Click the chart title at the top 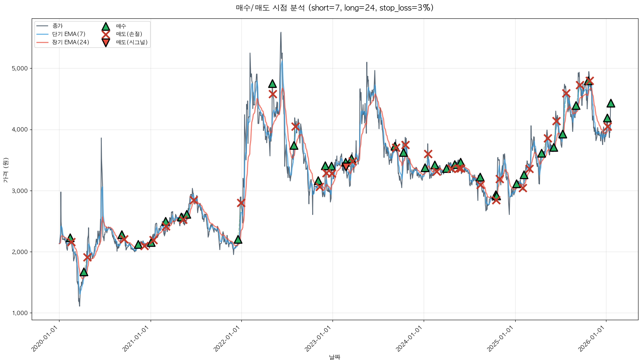pyautogui.click(x=334, y=8)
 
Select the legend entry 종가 pyautogui.click(x=57, y=26)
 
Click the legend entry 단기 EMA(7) pyautogui.click(x=68, y=34)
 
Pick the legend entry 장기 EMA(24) pyautogui.click(x=70, y=42)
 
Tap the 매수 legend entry pyautogui.click(x=121, y=26)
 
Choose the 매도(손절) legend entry pyautogui.click(x=129, y=34)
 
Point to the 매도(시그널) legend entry pyautogui.click(x=131, y=42)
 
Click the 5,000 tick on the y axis pyautogui.click(x=20, y=68)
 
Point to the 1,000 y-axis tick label pyautogui.click(x=20, y=313)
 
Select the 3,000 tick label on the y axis pyautogui.click(x=20, y=191)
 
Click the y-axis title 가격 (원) pyautogui.click(x=5, y=170)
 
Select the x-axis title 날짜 pyautogui.click(x=334, y=357)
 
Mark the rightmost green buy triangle pyautogui.click(x=611, y=103)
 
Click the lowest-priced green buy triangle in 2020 pyautogui.click(x=84, y=272)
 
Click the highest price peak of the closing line pyautogui.click(x=281, y=32)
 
